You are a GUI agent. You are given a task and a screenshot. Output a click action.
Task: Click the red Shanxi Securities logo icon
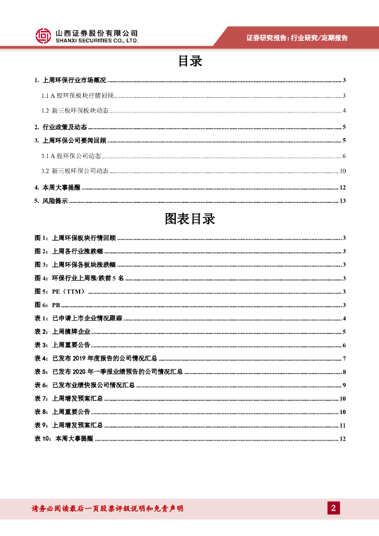click(x=43, y=36)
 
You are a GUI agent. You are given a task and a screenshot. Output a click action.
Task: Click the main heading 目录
click(x=189, y=61)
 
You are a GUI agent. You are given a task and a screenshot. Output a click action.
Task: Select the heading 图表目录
click(x=189, y=219)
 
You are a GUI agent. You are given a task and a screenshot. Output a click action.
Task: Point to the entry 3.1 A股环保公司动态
click(x=71, y=156)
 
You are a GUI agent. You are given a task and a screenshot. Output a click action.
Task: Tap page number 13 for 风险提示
click(x=342, y=201)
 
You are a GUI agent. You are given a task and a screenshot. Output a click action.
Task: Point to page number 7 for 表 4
click(x=344, y=359)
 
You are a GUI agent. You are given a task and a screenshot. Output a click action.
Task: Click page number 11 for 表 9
click(x=342, y=425)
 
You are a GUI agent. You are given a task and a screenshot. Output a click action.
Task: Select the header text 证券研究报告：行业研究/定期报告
click(x=297, y=38)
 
